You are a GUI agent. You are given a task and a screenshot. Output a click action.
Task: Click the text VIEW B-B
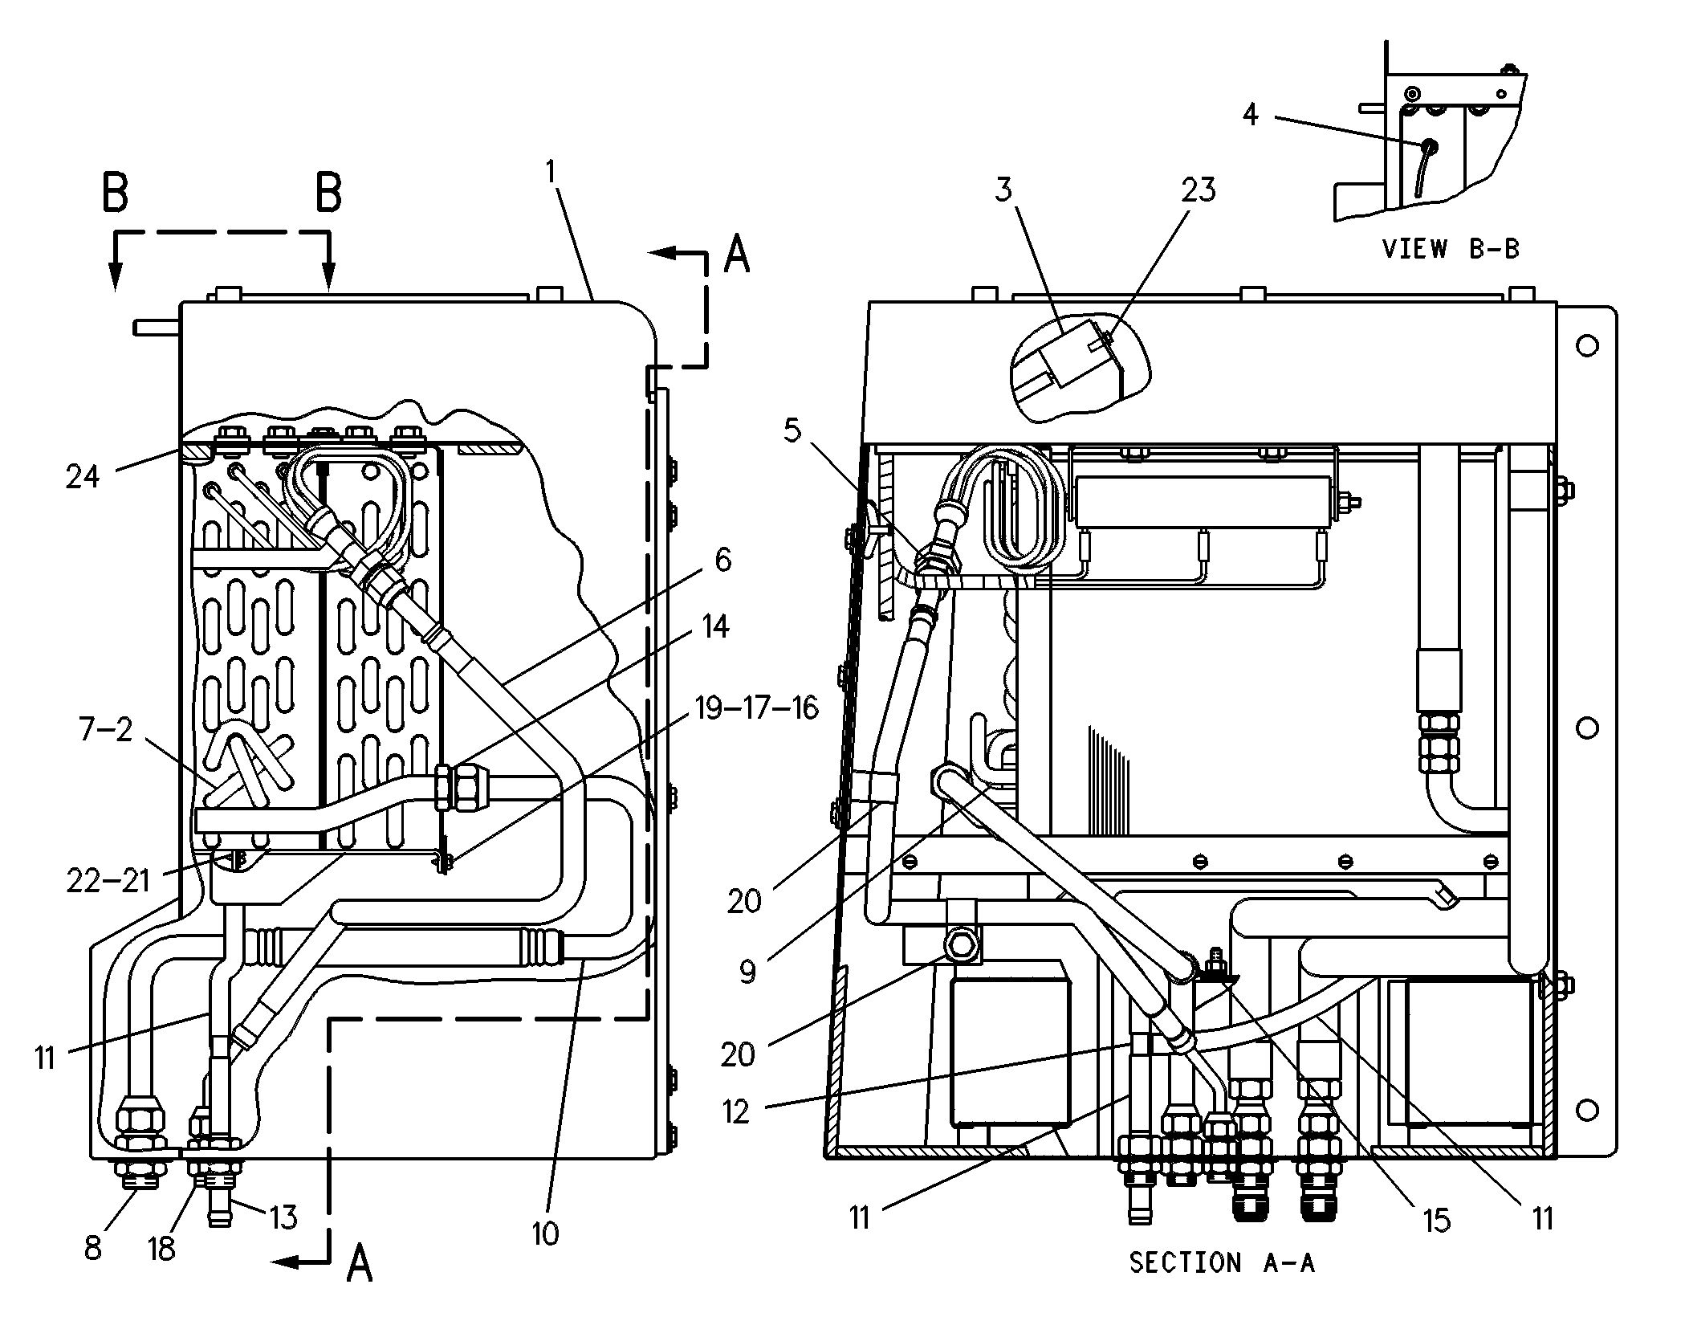click(1451, 248)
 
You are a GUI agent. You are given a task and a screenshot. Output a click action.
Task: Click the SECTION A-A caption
click(1223, 1262)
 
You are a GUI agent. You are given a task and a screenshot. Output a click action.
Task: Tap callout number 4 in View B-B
click(1250, 115)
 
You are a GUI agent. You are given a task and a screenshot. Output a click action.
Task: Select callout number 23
click(1198, 190)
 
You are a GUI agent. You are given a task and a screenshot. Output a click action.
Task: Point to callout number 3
click(1003, 190)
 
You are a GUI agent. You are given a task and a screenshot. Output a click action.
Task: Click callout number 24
click(83, 476)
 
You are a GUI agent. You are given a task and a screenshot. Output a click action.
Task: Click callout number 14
click(714, 626)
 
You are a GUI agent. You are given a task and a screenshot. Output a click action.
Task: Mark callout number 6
click(722, 560)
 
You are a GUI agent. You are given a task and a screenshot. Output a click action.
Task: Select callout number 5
click(792, 431)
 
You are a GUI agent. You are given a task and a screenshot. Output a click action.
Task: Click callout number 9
click(747, 972)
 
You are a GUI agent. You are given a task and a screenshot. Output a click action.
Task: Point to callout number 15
click(1437, 1220)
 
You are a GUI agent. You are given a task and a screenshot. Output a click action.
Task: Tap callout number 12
click(735, 1111)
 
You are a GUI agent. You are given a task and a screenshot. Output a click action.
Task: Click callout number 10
click(544, 1233)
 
